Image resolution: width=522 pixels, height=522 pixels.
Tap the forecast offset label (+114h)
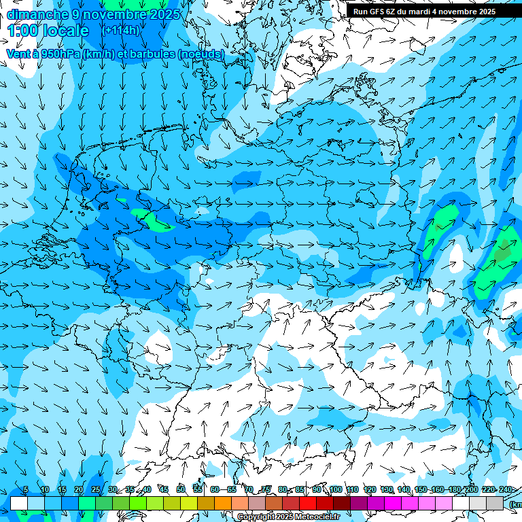120,31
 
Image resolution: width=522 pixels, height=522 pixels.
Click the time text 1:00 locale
48,31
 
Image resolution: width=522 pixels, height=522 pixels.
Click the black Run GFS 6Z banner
424,12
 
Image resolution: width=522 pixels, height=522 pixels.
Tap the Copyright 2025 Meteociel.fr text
288,517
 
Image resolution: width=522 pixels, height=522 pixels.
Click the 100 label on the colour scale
335,490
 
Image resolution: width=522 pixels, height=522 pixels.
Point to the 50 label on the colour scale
181,490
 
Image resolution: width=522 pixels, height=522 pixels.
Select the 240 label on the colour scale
505,490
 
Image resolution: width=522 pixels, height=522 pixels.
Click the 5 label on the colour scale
26,490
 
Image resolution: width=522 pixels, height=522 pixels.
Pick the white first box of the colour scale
18,503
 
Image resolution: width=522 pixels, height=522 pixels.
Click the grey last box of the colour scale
495,503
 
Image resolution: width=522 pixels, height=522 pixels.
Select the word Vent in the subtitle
18,54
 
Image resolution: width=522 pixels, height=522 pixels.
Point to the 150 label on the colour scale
421,490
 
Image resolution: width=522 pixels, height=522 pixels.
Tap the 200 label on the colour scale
471,490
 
